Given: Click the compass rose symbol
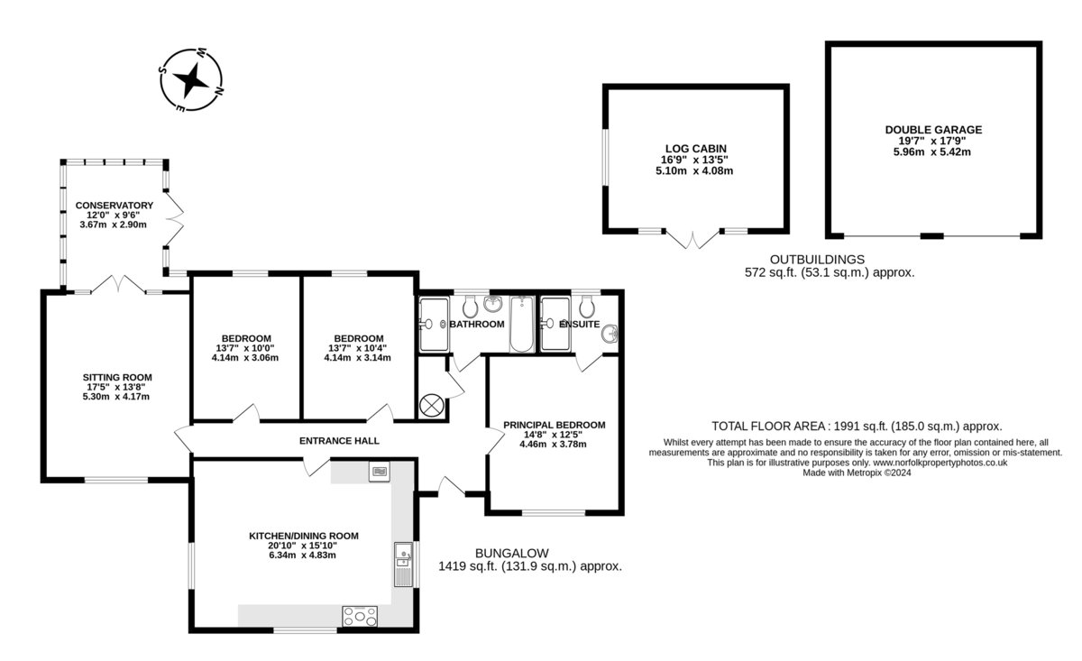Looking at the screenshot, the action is click(x=192, y=80).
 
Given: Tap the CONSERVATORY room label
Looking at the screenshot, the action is click(x=114, y=206).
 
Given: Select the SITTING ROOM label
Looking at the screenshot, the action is click(x=117, y=377).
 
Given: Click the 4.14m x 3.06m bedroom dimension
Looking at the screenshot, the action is click(x=245, y=358).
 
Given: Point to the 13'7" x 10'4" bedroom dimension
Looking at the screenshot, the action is click(x=357, y=348).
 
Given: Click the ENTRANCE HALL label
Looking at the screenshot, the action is click(x=339, y=441).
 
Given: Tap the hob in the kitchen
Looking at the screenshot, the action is click(x=360, y=616).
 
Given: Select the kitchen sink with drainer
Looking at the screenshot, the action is click(x=403, y=565).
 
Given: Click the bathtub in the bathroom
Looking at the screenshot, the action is click(x=522, y=324).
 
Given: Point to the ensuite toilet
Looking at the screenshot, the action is click(x=586, y=306).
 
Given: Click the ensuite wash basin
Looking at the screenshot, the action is click(x=610, y=334).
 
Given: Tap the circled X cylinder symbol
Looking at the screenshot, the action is click(x=431, y=405).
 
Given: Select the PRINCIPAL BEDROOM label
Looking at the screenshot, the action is click(x=554, y=425).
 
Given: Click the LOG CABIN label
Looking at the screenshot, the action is click(x=695, y=149).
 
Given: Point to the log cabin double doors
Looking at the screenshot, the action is click(x=692, y=240).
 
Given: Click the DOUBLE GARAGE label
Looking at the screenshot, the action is click(x=933, y=130).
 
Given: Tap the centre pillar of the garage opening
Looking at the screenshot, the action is click(x=931, y=235).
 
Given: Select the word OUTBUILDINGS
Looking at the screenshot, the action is click(x=817, y=260).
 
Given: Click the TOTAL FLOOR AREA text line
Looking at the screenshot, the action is click(x=857, y=427).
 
